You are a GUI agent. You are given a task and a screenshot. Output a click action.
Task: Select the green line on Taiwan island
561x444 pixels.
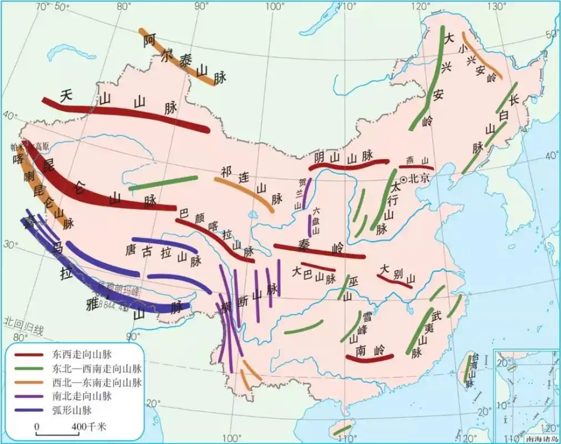tap(467, 370)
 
